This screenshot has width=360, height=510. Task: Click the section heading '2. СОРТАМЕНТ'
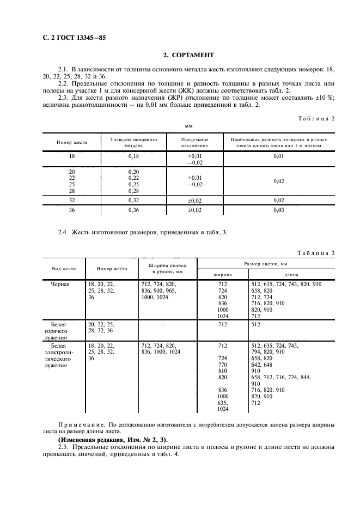pyautogui.click(x=188, y=55)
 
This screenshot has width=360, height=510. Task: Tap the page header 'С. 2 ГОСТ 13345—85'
pyautogui.click(x=74, y=38)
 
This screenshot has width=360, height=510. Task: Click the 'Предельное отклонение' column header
pyautogui.click(x=194, y=142)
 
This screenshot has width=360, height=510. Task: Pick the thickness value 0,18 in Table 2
pyautogui.click(x=133, y=156)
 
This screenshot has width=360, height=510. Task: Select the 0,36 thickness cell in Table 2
pyautogui.click(x=133, y=210)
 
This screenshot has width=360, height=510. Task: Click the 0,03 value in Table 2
pyautogui.click(x=279, y=210)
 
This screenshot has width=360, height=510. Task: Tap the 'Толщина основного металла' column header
pyautogui.click(x=133, y=142)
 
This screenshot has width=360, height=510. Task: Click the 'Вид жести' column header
pyautogui.click(x=64, y=269)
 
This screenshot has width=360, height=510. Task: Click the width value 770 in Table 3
pyautogui.click(x=222, y=364)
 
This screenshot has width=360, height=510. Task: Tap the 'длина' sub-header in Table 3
pyautogui.click(x=291, y=275)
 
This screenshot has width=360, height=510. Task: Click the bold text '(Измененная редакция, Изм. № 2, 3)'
pyautogui.click(x=113, y=439)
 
